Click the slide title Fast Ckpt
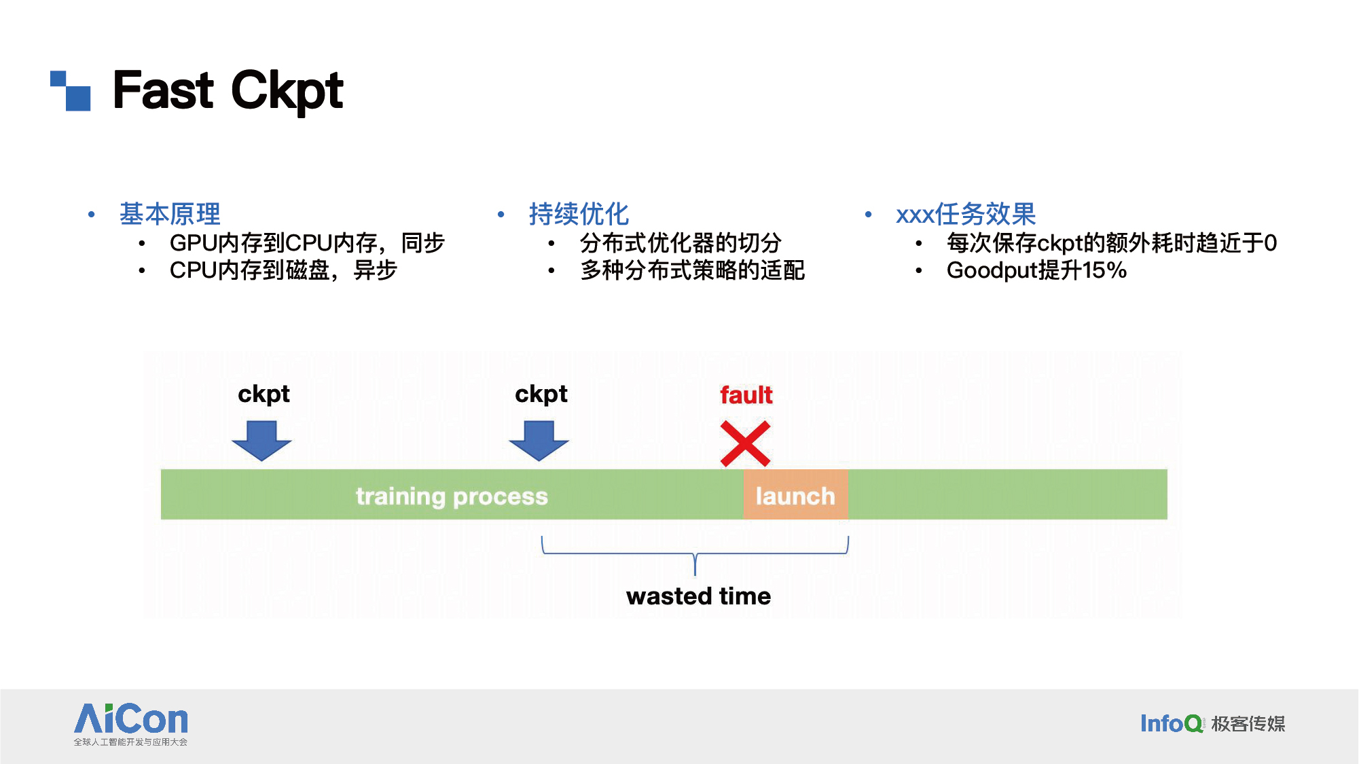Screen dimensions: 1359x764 tap(228, 90)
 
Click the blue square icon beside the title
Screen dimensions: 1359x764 tap(71, 90)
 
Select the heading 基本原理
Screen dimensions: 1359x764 tap(170, 214)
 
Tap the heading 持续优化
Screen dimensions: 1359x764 tap(579, 214)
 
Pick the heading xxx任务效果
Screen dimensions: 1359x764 tap(966, 214)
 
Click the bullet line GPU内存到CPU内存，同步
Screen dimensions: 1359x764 tap(307, 242)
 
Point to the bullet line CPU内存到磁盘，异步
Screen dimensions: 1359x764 tap(283, 270)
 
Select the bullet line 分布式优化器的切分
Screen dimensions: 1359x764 tap(681, 242)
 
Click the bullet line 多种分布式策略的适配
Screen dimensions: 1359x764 tap(693, 270)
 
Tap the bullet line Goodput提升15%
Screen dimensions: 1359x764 tap(1036, 270)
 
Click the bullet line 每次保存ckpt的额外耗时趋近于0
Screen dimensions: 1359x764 tap(1112, 242)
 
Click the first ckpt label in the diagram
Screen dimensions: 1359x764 tap(264, 395)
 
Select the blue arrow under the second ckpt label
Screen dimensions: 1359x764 tap(539, 441)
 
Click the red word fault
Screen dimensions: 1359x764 tap(746, 395)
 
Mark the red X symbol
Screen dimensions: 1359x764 tap(746, 443)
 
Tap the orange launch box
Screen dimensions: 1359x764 tap(795, 494)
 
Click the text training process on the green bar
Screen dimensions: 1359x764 tap(452, 496)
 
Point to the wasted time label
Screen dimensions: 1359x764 tap(698, 596)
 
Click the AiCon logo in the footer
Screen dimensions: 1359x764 tap(131, 724)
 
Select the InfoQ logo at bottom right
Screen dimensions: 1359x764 tap(1213, 723)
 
